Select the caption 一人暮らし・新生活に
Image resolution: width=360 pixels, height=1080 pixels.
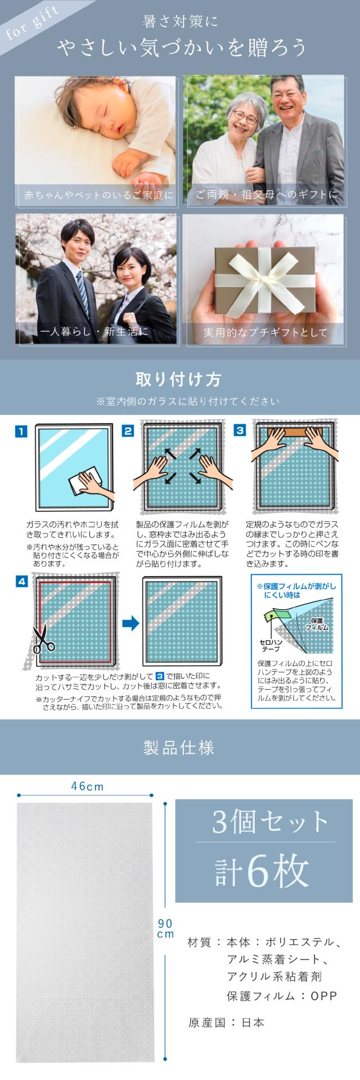point(94,332)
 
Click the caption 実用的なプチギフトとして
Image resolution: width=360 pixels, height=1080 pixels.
point(265,332)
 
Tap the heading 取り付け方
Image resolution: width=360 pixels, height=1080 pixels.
point(180,379)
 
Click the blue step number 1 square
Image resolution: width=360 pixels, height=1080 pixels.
point(21,431)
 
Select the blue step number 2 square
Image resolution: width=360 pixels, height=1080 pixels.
point(128,431)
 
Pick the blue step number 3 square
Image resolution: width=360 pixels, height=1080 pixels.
point(240,431)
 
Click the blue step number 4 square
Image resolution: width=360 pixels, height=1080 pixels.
point(21,582)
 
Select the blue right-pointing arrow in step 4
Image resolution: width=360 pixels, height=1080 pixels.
point(130,623)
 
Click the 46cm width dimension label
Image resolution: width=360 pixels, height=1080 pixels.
point(87,786)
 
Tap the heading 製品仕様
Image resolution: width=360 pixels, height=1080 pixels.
point(179,748)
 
